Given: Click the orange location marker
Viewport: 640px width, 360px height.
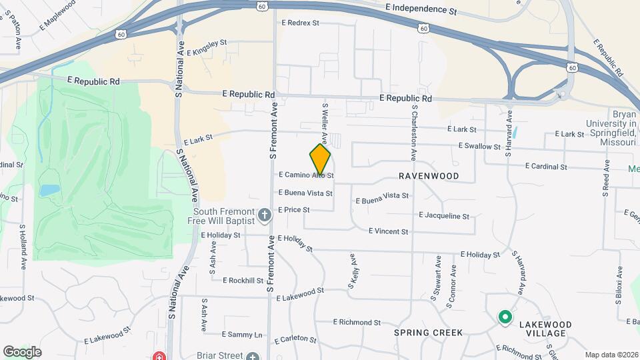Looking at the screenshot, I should pos(320,159).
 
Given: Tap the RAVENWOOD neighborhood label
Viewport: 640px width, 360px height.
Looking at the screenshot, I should pos(429,176).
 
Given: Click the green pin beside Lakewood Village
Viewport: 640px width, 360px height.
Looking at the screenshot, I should pos(505,317).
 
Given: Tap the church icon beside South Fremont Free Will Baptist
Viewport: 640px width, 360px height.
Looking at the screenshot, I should pos(265,215).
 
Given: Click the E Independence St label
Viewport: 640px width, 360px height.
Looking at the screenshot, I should pos(421,11).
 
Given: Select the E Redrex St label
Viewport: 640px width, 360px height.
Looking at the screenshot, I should pos(301,23).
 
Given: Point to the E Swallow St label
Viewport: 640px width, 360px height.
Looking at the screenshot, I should pos(479,146).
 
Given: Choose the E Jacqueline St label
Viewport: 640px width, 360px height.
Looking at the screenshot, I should pos(444,216).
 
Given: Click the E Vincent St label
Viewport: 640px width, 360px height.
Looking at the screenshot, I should pos(388,231).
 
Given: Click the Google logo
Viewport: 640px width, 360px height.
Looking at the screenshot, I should pos(22,351).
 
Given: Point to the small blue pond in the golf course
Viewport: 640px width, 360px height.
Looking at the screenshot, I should pos(48,191).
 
